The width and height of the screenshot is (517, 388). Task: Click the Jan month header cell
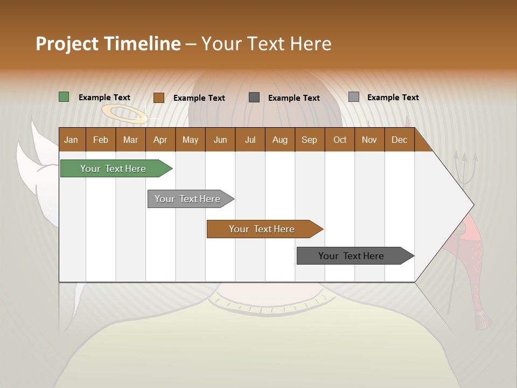[72, 140]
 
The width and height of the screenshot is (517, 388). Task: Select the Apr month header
[160, 140]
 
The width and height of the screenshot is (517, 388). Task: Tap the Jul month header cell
[250, 140]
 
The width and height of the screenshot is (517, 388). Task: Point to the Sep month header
[309, 140]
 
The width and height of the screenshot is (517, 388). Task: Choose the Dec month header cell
[399, 140]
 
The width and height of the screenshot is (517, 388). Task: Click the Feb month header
[101, 140]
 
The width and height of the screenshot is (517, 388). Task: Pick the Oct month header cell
[339, 140]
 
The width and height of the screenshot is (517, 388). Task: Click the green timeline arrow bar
[113, 169]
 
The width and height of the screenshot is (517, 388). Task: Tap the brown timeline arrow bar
[262, 229]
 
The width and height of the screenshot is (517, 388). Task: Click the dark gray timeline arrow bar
[352, 256]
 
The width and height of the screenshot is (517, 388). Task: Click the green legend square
[64, 97]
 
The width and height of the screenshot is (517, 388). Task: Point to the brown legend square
[159, 98]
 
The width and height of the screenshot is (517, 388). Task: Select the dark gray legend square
[254, 97]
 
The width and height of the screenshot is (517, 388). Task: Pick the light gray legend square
[354, 97]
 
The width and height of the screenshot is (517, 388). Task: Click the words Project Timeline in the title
[108, 44]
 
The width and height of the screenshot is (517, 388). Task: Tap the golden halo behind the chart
[124, 114]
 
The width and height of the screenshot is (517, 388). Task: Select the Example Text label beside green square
[104, 98]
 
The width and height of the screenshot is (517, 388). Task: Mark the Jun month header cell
[220, 140]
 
